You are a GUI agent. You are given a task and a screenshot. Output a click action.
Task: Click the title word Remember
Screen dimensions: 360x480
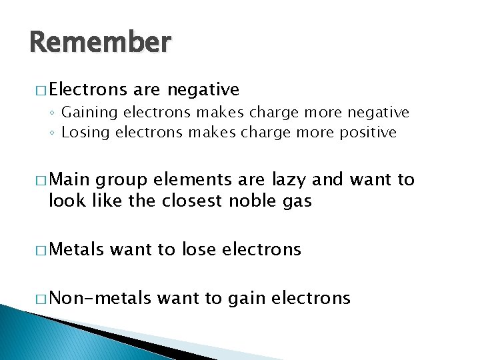coord(100,43)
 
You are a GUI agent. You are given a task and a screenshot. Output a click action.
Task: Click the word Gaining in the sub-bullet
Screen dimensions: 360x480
coord(87,113)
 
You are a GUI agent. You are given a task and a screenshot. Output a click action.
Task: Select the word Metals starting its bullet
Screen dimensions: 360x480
coord(76,249)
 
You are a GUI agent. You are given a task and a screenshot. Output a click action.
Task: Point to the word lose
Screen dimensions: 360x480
coord(196,249)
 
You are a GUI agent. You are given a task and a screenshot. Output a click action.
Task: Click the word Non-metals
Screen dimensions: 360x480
coord(100,297)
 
